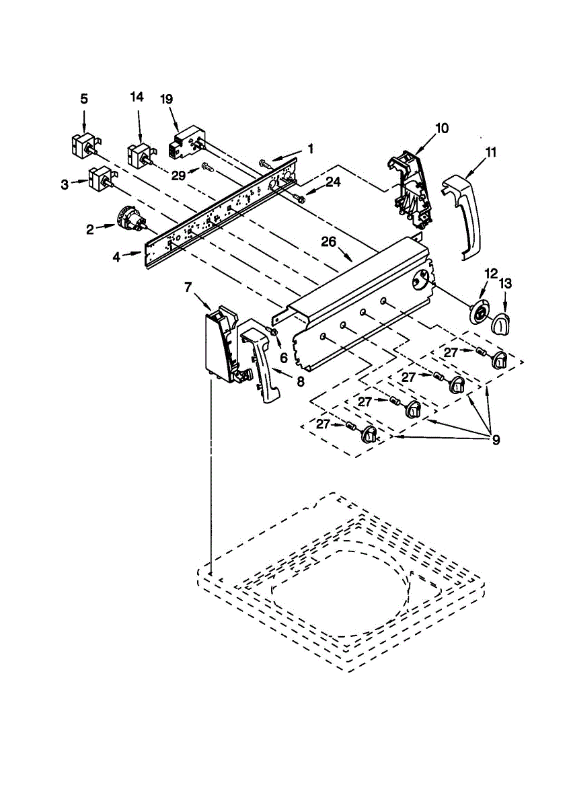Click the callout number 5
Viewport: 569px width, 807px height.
[x=84, y=99]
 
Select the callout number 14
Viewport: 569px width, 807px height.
[x=137, y=97]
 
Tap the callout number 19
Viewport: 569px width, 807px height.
[x=167, y=99]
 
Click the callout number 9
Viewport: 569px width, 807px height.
[x=496, y=441]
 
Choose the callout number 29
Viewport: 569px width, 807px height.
[x=178, y=175]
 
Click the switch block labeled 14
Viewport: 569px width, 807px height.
[x=140, y=153]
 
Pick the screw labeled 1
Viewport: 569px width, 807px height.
[x=264, y=163]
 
